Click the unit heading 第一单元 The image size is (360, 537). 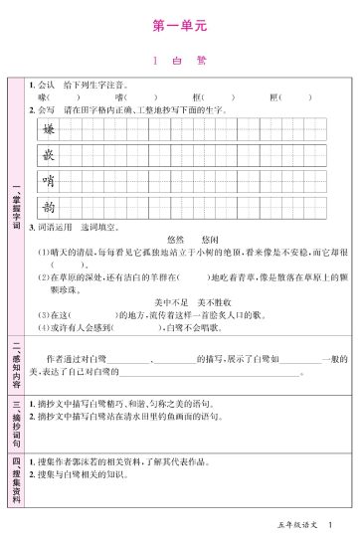coord(180,21)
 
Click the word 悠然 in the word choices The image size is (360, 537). coord(176,240)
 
